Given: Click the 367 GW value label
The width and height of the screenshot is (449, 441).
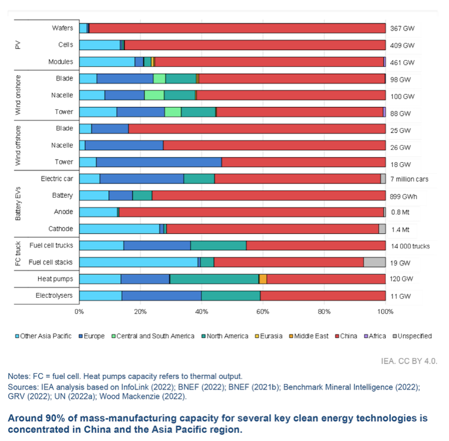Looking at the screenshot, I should (x=402, y=28).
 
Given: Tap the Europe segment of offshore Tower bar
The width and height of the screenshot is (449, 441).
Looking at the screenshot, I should (x=159, y=162).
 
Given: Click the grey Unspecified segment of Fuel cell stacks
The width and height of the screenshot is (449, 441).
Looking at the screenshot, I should (x=375, y=262).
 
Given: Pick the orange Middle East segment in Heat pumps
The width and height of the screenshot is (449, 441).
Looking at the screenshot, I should (x=263, y=279).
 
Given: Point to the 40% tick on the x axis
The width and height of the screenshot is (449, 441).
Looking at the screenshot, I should (x=201, y=312).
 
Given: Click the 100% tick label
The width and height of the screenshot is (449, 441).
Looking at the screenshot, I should (x=385, y=312).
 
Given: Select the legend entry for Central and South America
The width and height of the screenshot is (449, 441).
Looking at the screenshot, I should (x=153, y=336).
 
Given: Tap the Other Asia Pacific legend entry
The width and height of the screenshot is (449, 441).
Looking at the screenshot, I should (x=43, y=336).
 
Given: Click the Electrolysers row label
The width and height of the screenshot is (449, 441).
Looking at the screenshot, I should (x=54, y=295).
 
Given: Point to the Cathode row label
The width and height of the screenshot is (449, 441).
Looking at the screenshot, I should (x=61, y=229).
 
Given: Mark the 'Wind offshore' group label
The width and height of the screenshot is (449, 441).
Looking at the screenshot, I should (x=18, y=145).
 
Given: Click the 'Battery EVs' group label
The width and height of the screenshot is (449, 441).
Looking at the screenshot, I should (x=18, y=203).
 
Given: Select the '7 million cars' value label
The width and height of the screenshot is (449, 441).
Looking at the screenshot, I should (x=409, y=179).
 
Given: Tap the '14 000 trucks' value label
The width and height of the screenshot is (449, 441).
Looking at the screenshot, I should (x=410, y=246).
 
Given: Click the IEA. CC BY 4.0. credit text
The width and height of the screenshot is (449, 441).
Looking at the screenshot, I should (x=409, y=361).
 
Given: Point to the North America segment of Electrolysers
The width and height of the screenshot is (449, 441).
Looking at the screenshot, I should (x=230, y=296).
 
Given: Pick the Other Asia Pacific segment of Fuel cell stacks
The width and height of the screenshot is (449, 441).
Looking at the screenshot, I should (x=138, y=262).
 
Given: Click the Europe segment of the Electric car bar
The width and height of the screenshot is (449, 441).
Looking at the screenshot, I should (x=141, y=179).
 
